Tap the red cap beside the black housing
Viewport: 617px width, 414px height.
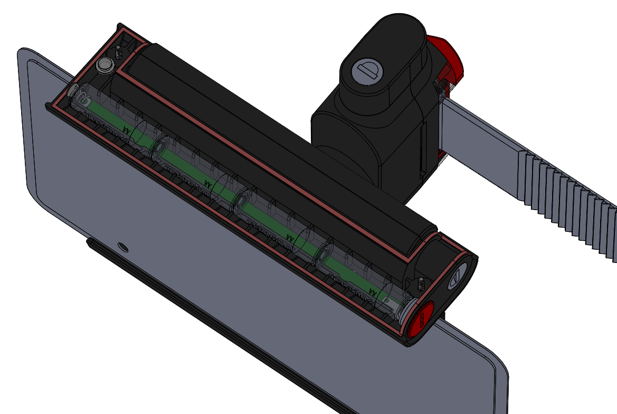point(449,58)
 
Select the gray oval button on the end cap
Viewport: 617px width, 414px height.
point(457,277)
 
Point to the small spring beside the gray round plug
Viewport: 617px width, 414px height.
point(119,53)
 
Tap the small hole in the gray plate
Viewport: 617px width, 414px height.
point(123,246)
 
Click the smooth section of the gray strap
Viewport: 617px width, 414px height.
point(475,127)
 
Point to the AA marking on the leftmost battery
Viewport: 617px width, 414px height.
point(126,129)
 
